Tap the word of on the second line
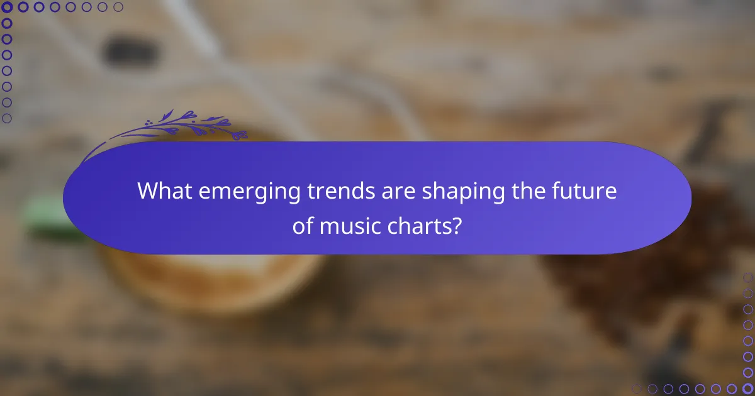303,226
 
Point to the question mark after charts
457,226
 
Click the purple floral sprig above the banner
182,126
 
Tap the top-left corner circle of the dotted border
7,8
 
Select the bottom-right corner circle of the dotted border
748,388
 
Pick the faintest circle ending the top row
118,8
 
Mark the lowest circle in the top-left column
7,118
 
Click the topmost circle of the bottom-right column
748,277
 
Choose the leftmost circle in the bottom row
637,388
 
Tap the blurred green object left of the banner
50,217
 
